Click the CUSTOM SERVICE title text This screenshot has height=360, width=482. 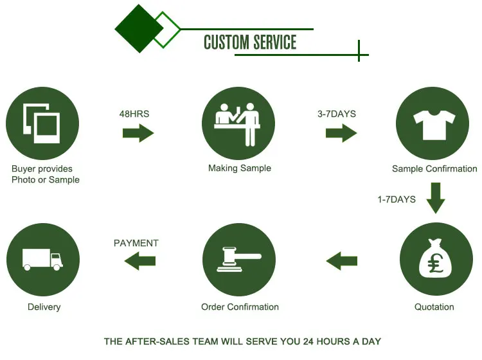pyautogui.click(x=250, y=42)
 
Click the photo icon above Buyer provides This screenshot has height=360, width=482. pyautogui.click(x=42, y=122)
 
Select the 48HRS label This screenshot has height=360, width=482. pyautogui.click(x=134, y=114)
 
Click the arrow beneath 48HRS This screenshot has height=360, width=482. pyautogui.click(x=138, y=133)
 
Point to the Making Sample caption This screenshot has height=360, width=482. pyautogui.click(x=240, y=168)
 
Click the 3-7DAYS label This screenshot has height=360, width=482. pyautogui.click(x=336, y=114)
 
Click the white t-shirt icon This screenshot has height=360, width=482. pyautogui.click(x=434, y=123)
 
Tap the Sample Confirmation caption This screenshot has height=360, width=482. pyautogui.click(x=434, y=169)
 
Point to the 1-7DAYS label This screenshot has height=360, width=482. pyautogui.click(x=397, y=199)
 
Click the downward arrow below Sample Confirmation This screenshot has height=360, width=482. pyautogui.click(x=436, y=198)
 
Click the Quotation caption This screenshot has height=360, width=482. pyautogui.click(x=434, y=307)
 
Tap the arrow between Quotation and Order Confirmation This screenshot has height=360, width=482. pyautogui.click(x=342, y=260)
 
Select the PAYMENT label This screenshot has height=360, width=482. pyautogui.click(x=136, y=243)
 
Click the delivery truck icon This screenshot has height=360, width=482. pyautogui.click(x=42, y=259)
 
